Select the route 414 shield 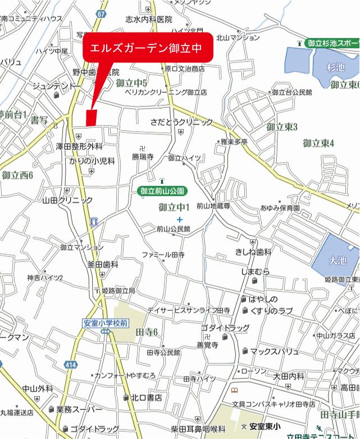pyautogui.click(x=70, y=365)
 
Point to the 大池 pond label pyautogui.click(x=338, y=261)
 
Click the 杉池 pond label pyautogui.click(x=335, y=67)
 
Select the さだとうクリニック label pyautogui.click(x=181, y=121)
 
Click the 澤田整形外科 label pyautogui.click(x=79, y=146)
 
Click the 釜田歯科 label pyautogui.click(x=102, y=264)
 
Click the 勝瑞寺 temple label pyautogui.click(x=143, y=157)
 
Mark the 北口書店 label pyautogui.click(x=146, y=397)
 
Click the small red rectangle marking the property pyautogui.click(x=92, y=117)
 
